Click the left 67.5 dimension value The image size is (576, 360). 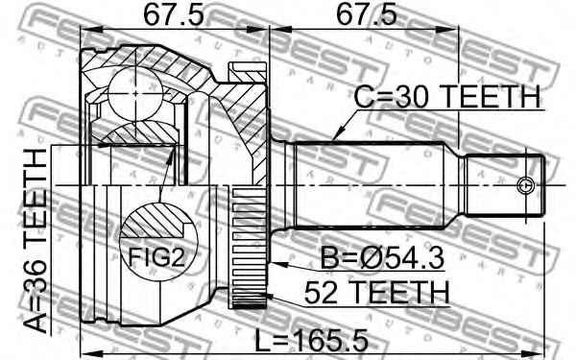point(173,15)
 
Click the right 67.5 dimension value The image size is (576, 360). point(367,15)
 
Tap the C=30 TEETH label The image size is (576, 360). point(447,96)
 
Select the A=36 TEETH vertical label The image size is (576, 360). point(36,241)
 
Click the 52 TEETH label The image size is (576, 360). point(376,293)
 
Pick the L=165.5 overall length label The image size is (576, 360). point(311,340)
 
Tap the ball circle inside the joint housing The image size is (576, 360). point(135,94)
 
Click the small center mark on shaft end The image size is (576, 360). point(524,185)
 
